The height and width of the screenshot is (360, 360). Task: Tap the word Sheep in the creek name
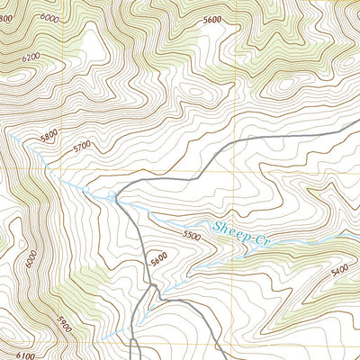pyautogui.click(x=228, y=229)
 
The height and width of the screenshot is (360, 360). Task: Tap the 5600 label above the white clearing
pyautogui.click(x=212, y=19)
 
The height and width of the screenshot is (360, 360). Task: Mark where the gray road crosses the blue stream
pyautogui.click(x=115, y=195)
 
